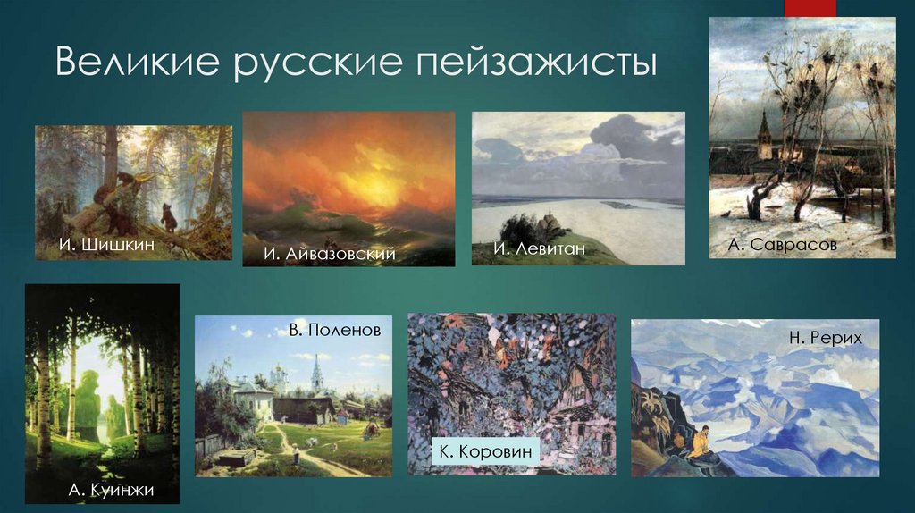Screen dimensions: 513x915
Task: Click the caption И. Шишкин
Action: (x=96, y=243)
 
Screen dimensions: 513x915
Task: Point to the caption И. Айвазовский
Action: (x=329, y=255)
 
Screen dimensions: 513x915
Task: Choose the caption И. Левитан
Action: (x=540, y=248)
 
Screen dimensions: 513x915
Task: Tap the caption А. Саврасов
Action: (x=782, y=244)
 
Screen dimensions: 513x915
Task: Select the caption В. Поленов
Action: (x=334, y=330)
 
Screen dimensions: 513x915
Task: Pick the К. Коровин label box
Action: (x=486, y=451)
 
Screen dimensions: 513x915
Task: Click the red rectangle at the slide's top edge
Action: (x=810, y=8)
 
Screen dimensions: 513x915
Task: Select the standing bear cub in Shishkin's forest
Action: (x=167, y=216)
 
